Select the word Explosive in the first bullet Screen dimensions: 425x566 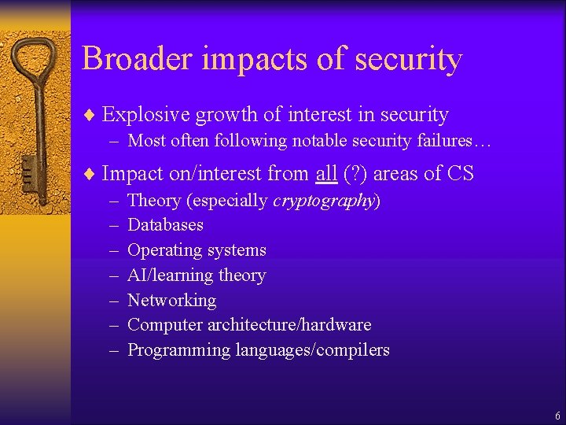pos(146,115)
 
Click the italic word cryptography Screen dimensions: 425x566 pos(323,201)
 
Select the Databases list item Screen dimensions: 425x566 pos(165,225)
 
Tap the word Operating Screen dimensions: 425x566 pos(164,251)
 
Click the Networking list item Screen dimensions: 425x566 pos(171,300)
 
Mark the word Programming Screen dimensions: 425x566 pos(178,350)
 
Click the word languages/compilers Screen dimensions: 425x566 pos(312,350)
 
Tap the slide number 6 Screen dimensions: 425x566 pos(557,416)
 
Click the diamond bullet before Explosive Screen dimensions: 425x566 pos(90,116)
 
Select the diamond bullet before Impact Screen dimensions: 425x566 pos(90,174)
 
